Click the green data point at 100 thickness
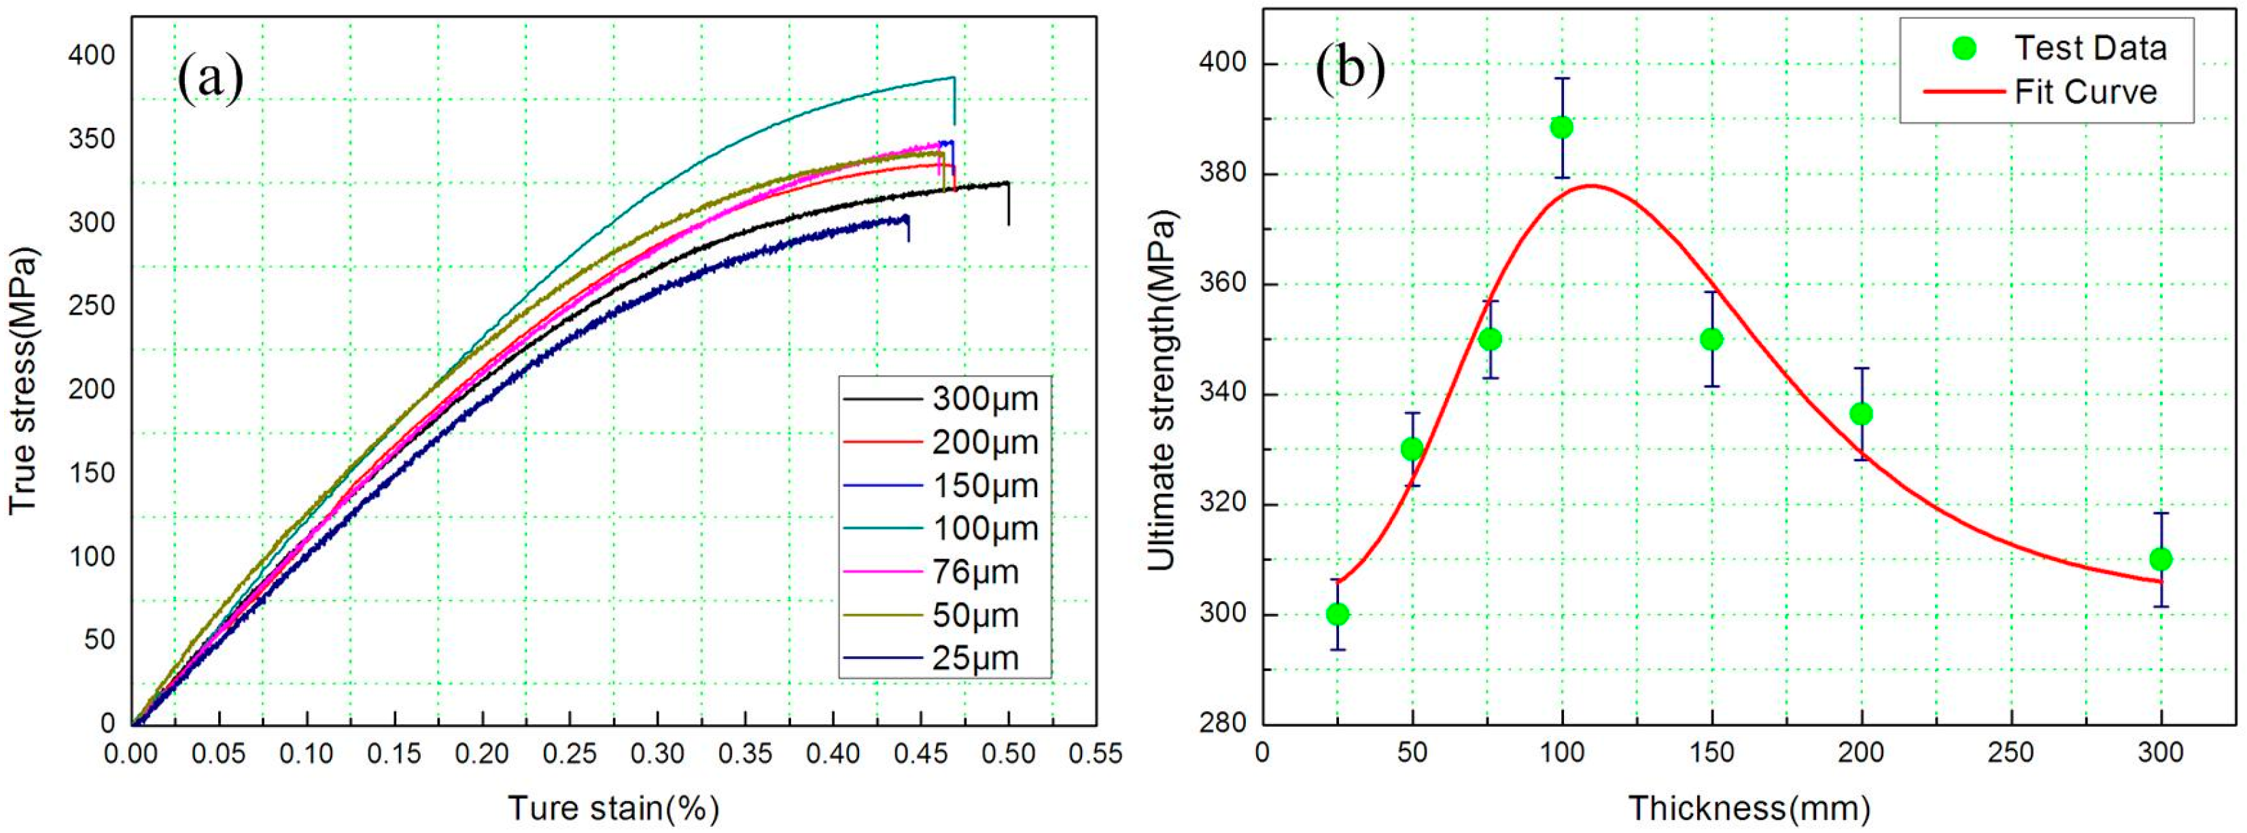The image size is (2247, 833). point(1561,127)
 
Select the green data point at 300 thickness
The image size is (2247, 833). point(2161,559)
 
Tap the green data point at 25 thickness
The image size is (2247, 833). point(1337,614)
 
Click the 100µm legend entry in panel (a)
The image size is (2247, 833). point(985,528)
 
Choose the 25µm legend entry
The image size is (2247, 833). point(975,658)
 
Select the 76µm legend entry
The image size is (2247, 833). point(975,572)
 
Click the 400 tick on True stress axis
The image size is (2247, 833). point(92,56)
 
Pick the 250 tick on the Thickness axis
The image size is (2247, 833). point(2010,753)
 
